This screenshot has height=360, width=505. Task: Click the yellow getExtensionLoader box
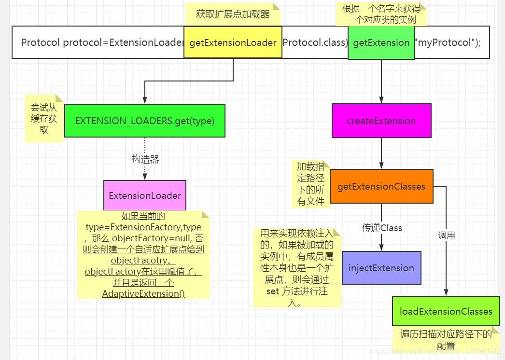point(233,42)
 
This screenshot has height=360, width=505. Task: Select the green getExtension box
point(381,42)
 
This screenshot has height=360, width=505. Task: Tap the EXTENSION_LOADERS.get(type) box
point(145,121)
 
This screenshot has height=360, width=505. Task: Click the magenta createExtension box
point(381,121)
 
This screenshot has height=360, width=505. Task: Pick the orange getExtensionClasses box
point(381,186)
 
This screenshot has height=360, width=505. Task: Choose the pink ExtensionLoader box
point(145,195)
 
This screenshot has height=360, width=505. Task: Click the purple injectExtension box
point(381,268)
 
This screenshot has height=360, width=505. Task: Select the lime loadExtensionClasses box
point(446,311)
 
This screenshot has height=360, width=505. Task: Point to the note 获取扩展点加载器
point(233,14)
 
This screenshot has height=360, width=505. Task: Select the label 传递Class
point(382,228)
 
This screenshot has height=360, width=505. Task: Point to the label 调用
point(446,235)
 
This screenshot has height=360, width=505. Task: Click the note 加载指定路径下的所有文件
point(310,184)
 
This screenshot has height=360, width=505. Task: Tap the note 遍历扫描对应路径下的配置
point(445,339)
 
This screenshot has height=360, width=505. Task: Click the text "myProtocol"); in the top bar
point(448,42)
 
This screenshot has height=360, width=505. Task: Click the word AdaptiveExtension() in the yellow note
point(143,293)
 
